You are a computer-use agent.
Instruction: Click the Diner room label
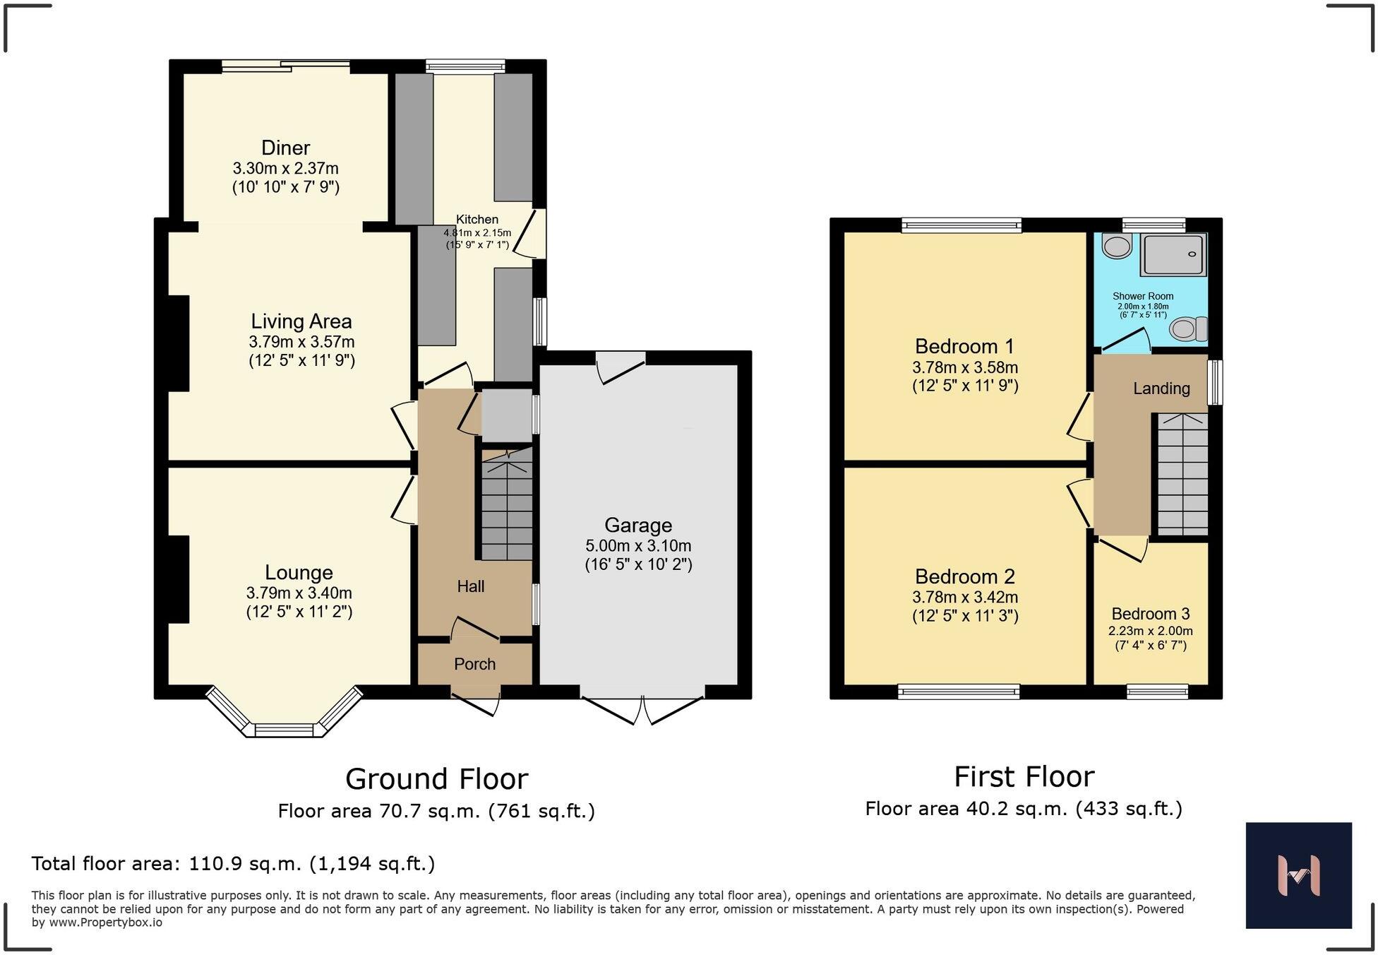285,148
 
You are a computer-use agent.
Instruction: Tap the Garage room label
638,526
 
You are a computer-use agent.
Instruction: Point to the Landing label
1161,388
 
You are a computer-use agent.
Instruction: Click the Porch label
474,664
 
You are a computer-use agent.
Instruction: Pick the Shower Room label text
1143,297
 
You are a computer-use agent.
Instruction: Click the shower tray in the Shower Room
1175,254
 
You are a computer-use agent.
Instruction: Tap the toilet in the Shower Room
1189,329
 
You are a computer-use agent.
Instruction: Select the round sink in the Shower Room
1117,247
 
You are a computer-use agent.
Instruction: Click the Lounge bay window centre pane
284,730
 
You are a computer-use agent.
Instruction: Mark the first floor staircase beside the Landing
1182,475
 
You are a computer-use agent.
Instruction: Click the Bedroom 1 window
961,225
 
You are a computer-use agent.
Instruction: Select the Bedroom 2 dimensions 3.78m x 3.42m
965,598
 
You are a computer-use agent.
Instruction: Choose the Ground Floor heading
436,779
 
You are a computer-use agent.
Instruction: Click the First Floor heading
1024,777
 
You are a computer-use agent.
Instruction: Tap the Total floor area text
233,864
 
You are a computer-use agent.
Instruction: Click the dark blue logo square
1298,875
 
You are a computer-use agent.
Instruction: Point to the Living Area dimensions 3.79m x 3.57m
301,343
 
